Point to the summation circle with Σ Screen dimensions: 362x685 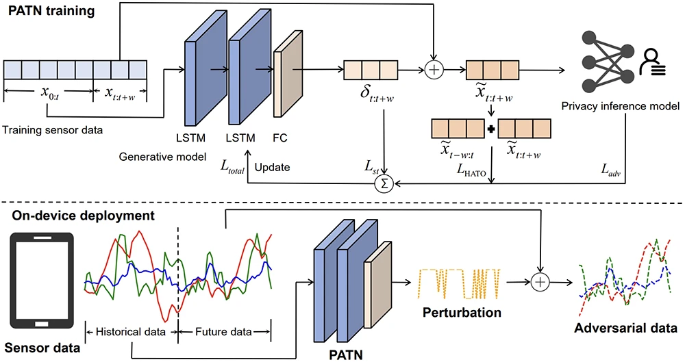point(385,183)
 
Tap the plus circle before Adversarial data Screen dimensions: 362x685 point(541,281)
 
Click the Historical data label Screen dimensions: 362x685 point(131,332)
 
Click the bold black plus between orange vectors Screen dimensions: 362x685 point(490,129)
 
